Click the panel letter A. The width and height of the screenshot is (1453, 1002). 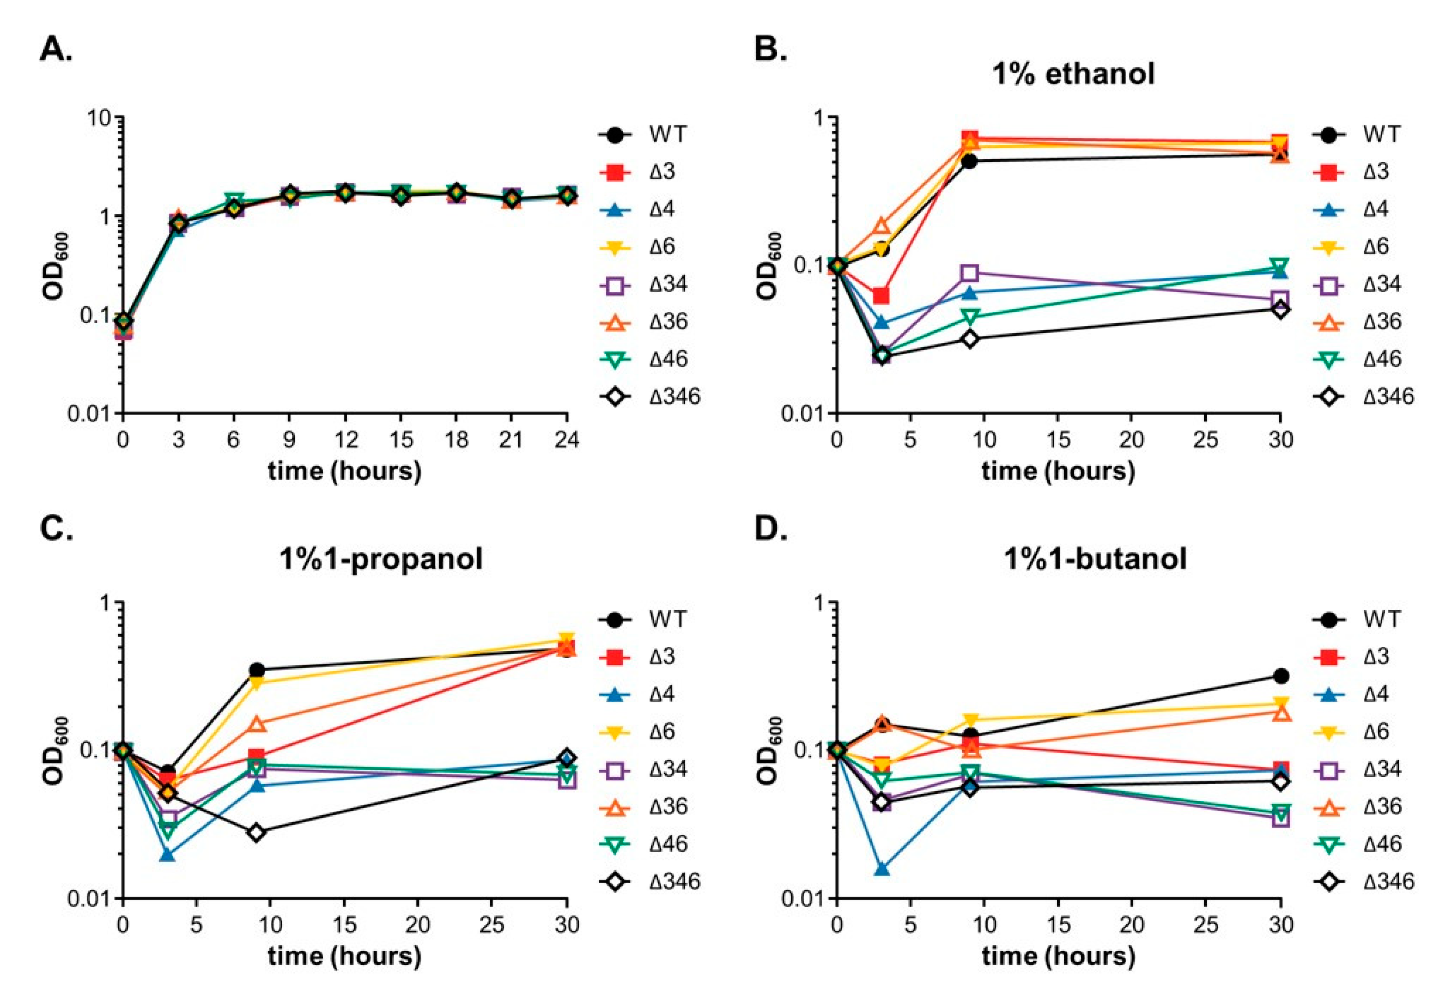(x=55, y=49)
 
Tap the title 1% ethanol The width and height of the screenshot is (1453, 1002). (x=1073, y=74)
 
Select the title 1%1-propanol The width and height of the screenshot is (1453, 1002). (x=381, y=558)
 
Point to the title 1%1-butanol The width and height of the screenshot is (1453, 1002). (x=1095, y=558)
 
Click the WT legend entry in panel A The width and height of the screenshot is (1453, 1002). (x=668, y=134)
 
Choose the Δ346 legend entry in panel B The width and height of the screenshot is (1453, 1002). (x=1388, y=396)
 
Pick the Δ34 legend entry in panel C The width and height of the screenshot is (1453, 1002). (x=668, y=768)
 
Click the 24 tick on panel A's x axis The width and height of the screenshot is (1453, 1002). (x=566, y=440)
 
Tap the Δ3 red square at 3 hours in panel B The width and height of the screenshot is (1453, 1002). (x=881, y=296)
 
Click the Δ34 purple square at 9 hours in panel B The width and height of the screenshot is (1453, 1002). (x=970, y=273)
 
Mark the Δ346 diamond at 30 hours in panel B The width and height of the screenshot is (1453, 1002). (x=1280, y=309)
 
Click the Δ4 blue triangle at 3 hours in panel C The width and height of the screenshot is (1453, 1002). (x=167, y=855)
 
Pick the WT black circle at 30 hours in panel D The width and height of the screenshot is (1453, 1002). (x=1280, y=676)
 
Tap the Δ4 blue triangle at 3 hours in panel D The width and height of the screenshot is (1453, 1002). (x=881, y=869)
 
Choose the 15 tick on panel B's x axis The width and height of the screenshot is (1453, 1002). (x=1058, y=440)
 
